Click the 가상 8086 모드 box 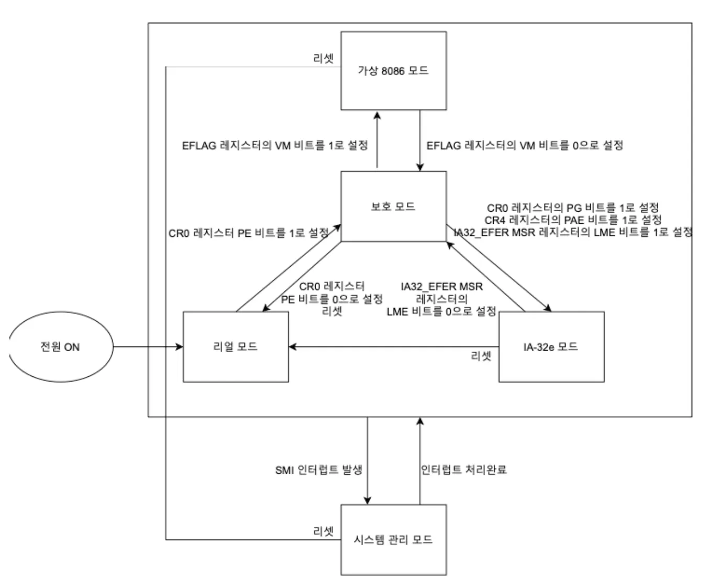coord(393,71)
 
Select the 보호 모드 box coord(393,206)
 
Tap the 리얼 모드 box coord(235,347)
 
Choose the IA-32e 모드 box coord(551,347)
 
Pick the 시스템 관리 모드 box coord(393,540)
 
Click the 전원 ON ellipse coord(60,347)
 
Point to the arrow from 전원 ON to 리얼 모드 coord(148,347)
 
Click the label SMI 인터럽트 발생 coord(318,470)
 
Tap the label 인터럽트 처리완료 coord(464,470)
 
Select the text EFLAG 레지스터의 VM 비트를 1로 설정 coord(275,145)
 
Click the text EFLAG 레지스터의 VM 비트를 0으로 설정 coord(525,145)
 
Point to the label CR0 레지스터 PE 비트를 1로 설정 coord(249,233)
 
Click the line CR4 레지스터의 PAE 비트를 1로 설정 coord(573,220)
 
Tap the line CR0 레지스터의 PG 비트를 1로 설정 coord(573,208)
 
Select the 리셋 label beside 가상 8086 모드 coord(324,58)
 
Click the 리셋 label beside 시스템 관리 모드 coord(324,531)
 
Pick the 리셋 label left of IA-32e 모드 coord(481,356)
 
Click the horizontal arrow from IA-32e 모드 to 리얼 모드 coord(393,347)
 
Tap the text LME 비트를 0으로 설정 coord(441,311)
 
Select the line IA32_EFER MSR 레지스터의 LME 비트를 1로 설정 coord(573,232)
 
